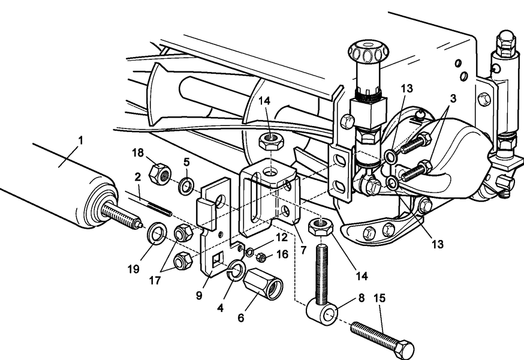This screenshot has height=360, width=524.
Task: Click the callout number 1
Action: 80,141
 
